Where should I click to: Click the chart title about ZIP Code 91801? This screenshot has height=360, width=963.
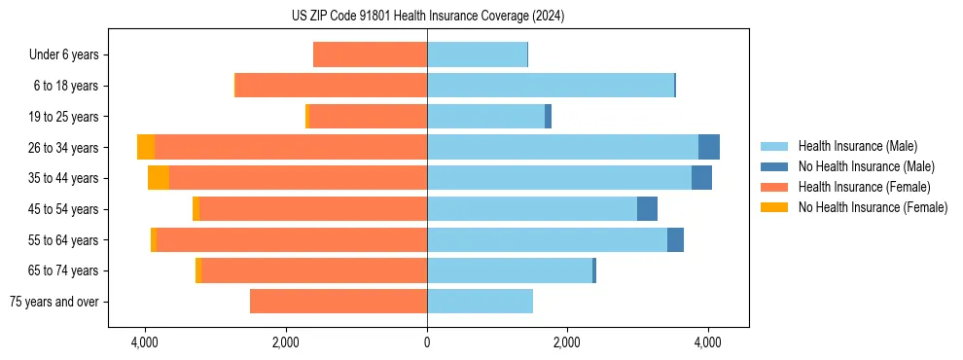(x=427, y=17)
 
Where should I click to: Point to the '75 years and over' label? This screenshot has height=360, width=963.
(x=53, y=302)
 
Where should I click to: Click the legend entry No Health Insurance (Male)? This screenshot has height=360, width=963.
(x=866, y=166)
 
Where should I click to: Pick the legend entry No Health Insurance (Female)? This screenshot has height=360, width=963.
(x=872, y=207)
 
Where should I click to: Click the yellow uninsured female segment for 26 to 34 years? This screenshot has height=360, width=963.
(x=146, y=147)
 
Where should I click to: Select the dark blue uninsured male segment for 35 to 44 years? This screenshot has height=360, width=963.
(x=701, y=178)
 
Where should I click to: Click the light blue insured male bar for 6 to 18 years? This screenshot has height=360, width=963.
(x=551, y=86)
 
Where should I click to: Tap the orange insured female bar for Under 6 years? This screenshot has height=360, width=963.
(x=370, y=54)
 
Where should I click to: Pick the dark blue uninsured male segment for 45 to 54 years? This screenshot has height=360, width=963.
(x=647, y=209)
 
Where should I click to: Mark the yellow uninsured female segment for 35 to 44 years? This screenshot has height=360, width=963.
(x=159, y=178)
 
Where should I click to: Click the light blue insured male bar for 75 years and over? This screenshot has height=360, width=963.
(x=480, y=302)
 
